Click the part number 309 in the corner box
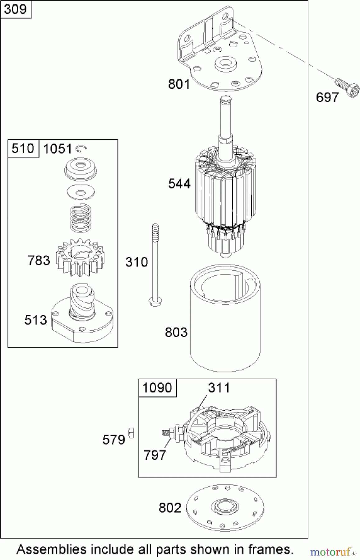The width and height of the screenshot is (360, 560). (x=16, y=9)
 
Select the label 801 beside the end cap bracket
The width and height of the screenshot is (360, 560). (x=179, y=84)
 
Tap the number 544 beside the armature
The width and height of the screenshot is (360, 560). (x=179, y=184)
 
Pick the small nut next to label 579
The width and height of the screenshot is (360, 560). (x=131, y=433)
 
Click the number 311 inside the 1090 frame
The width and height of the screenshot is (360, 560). (x=219, y=388)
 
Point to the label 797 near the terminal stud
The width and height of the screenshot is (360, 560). (x=155, y=455)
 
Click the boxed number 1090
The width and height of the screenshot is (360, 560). (x=157, y=388)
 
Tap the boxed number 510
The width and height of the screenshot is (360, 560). (x=23, y=148)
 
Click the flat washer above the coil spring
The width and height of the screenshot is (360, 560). (x=81, y=192)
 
